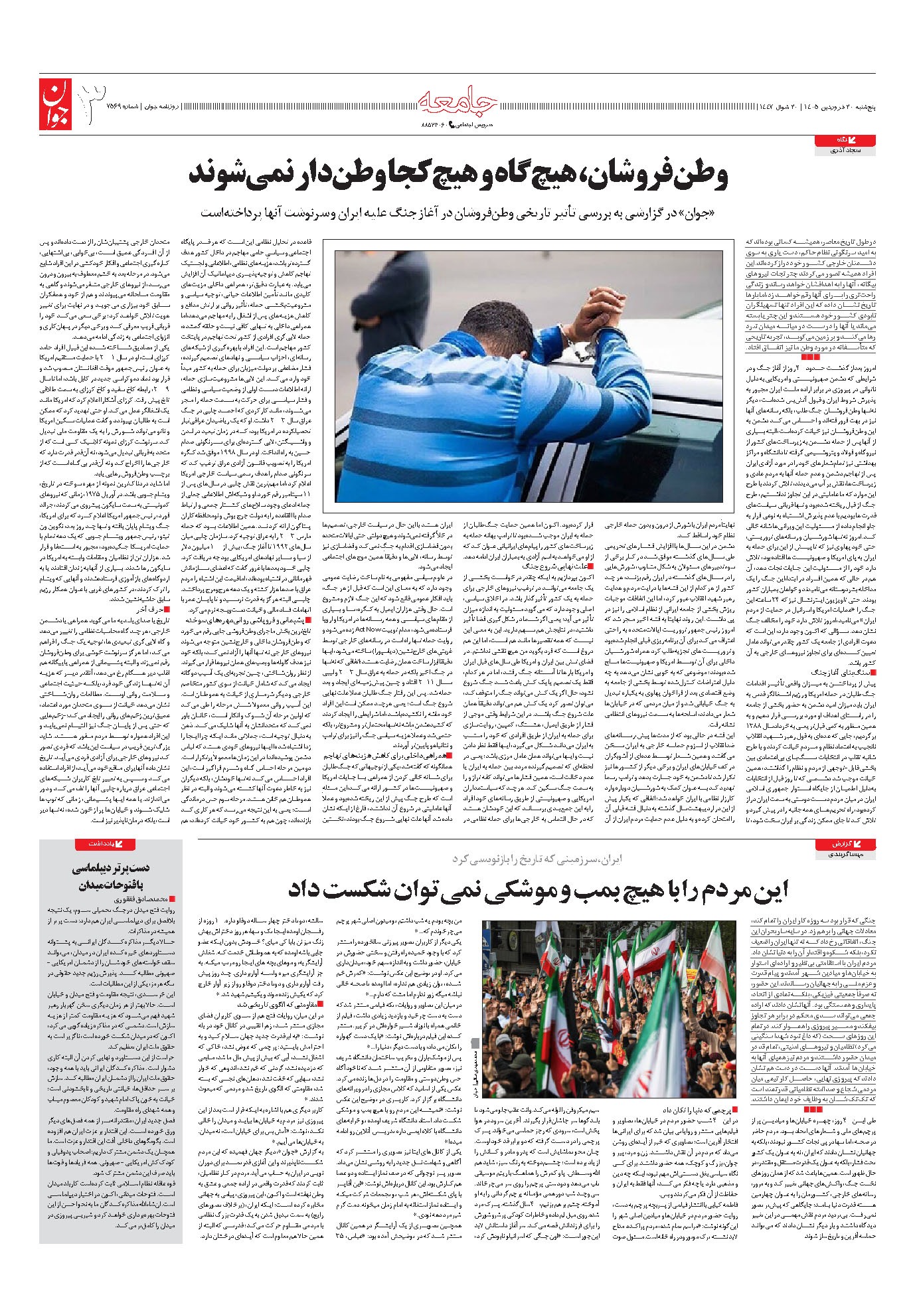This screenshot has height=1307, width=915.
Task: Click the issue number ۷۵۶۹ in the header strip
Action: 133,106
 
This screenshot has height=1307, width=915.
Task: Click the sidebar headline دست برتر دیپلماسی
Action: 112,867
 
